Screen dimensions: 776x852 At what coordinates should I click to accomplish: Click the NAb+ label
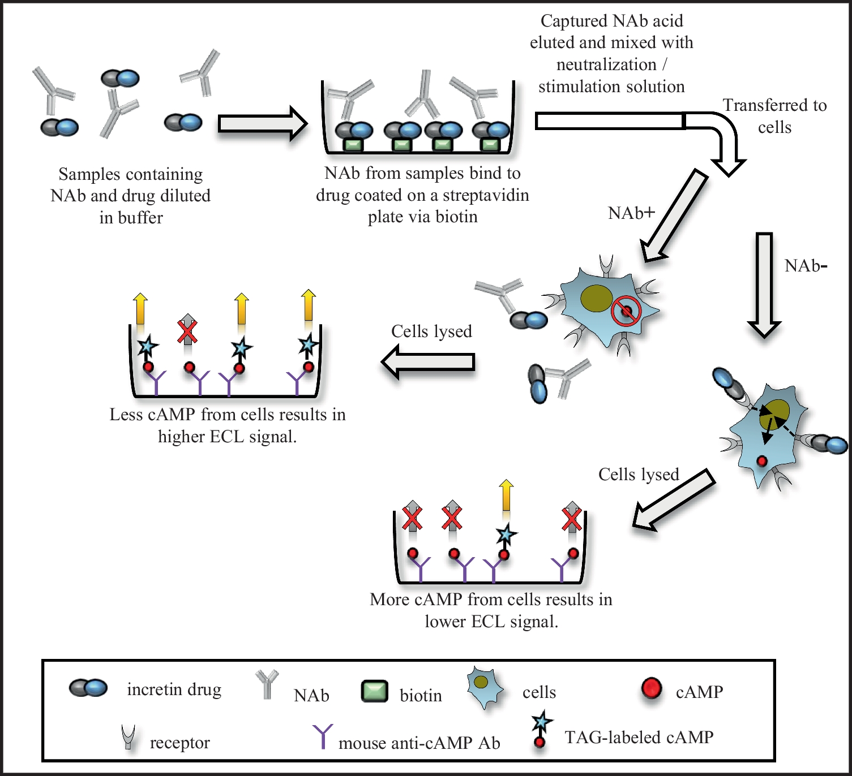[631, 213]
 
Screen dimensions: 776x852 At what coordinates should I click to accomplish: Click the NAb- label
[806, 266]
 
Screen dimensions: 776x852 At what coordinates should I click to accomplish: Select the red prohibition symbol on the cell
[626, 311]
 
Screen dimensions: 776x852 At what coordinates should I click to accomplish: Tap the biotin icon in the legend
[374, 691]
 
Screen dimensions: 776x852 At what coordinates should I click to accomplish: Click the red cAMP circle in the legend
[652, 688]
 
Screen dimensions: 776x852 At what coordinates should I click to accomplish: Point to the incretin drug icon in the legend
[88, 688]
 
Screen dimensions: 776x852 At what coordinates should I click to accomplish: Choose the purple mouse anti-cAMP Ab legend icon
[323, 736]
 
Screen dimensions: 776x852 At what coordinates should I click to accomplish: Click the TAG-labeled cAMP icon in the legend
[541, 730]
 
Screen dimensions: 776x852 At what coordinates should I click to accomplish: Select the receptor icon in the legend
[129, 737]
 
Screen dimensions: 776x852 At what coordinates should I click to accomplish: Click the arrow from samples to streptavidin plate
[262, 123]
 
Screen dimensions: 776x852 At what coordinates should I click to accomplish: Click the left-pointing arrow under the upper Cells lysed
[428, 362]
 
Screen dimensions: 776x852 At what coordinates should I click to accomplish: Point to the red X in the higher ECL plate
[187, 332]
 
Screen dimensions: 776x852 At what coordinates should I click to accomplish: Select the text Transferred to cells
[774, 116]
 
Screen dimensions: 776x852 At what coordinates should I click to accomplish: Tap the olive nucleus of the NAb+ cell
[597, 298]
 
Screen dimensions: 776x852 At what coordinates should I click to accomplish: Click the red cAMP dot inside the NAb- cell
[762, 461]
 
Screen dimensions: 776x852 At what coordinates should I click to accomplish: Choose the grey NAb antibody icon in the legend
[267, 683]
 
